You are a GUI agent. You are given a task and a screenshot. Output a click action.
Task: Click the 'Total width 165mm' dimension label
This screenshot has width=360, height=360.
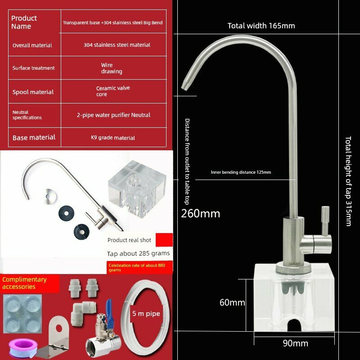tap(261, 26)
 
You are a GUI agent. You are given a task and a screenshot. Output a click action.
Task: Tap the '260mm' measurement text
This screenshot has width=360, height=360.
tap(200, 213)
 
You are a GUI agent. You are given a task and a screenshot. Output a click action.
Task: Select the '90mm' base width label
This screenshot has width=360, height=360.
tap(295, 343)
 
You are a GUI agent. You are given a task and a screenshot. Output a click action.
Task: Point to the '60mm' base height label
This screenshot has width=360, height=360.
tap(232, 302)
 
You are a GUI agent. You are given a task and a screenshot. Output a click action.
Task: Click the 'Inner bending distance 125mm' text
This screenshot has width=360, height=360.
tap(241, 172)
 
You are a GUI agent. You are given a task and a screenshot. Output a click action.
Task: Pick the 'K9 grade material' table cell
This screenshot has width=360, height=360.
tap(113, 138)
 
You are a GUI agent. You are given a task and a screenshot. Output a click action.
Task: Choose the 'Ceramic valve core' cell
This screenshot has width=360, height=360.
tap(113, 91)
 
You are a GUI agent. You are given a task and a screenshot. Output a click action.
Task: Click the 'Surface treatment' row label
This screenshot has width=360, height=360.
tap(33, 68)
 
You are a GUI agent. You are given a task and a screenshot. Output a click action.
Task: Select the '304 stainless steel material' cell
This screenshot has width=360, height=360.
tap(117, 45)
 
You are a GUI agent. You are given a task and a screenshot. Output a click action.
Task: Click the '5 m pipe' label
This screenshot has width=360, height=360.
tap(146, 314)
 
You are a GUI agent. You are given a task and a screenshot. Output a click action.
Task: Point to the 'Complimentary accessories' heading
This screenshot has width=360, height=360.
tap(25, 283)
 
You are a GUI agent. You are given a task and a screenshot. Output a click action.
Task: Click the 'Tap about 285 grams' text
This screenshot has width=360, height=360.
tap(138, 253)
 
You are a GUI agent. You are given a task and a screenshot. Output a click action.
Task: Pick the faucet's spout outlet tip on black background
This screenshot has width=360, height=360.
tap(184, 87)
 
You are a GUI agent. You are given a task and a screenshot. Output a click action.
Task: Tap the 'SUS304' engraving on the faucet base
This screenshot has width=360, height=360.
tap(294, 264)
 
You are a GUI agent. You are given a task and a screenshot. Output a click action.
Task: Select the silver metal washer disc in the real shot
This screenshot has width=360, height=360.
tap(49, 196)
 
